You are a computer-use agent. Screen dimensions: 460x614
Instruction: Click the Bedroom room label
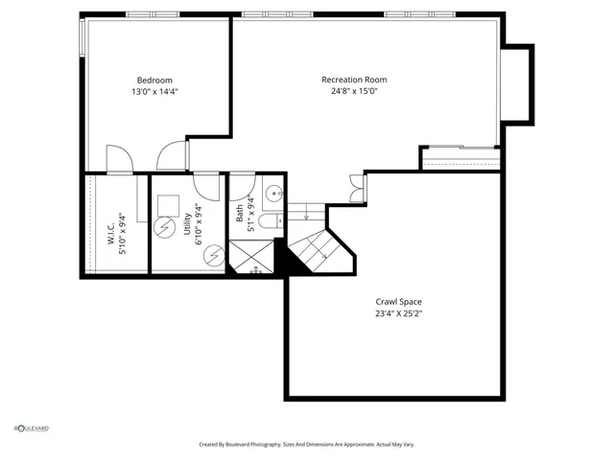(x=153, y=80)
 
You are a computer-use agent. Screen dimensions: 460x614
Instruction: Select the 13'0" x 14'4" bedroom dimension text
(x=153, y=92)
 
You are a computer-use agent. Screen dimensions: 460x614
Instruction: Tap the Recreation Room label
(x=354, y=80)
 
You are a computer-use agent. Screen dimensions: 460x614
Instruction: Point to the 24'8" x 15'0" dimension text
(x=354, y=92)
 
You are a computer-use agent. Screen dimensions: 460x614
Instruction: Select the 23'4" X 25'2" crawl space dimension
(x=397, y=313)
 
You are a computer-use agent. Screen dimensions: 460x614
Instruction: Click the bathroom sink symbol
(x=272, y=192)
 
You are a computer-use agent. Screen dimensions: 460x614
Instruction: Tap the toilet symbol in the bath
(x=271, y=221)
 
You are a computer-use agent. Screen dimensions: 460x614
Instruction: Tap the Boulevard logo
(x=31, y=428)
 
